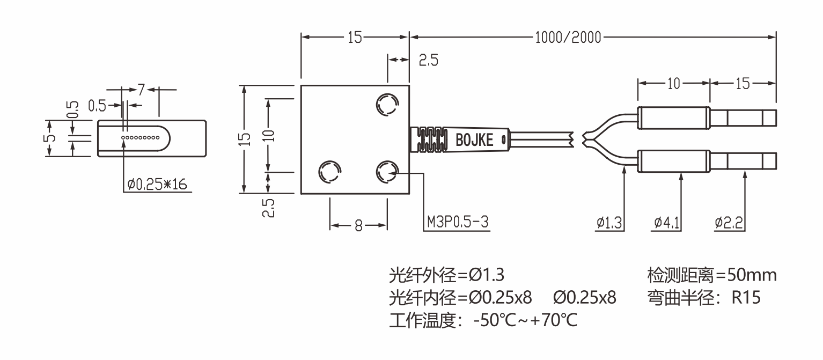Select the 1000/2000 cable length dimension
point(568,38)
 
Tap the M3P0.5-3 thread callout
point(458,222)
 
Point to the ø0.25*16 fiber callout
point(157,185)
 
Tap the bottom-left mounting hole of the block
point(329,172)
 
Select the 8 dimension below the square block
point(358,226)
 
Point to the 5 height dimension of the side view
point(50,138)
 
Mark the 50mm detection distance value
point(751,276)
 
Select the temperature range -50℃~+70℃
point(525,321)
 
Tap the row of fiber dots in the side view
point(141,138)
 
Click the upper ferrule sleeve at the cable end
point(674,117)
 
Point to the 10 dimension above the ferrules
point(673,83)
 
